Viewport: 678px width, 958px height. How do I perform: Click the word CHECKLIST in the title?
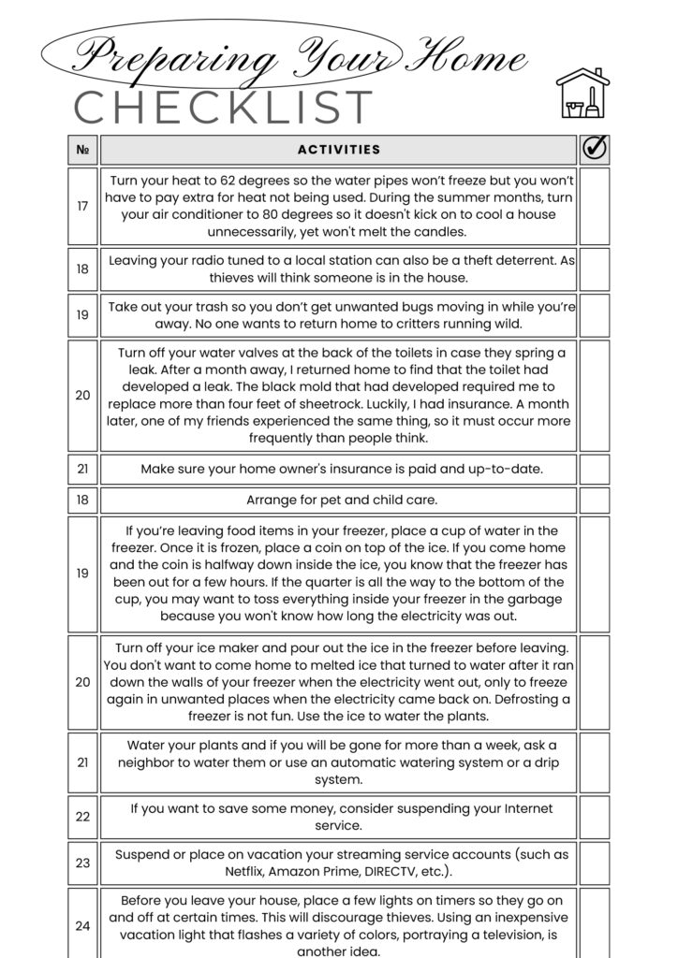[224, 109]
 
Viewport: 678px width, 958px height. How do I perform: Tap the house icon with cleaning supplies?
[582, 93]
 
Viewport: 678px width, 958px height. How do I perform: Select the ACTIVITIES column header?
[339, 150]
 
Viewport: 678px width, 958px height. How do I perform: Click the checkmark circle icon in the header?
[595, 149]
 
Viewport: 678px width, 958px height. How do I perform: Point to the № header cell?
[82, 150]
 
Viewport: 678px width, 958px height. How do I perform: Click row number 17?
[82, 206]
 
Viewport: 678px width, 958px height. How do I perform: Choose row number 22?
[82, 817]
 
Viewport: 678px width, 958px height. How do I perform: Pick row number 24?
[82, 926]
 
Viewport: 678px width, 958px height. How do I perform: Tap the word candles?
[440, 232]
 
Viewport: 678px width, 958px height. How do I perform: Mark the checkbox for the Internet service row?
[595, 817]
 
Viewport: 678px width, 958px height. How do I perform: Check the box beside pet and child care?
[595, 500]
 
